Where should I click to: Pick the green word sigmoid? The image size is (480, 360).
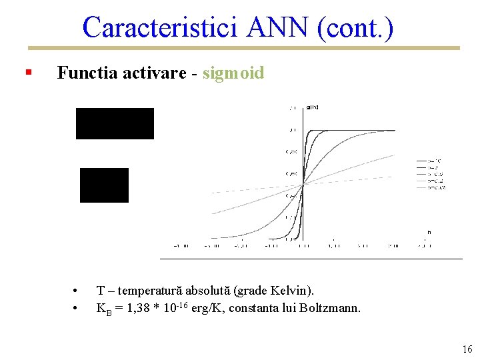(233, 73)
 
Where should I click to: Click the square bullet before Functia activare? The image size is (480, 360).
(27, 71)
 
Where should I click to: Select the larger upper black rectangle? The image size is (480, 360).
(115, 123)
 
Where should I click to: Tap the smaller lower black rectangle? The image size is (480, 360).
(104, 185)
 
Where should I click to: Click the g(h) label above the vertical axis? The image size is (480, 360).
(312, 107)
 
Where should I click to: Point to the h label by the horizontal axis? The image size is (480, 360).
(429, 232)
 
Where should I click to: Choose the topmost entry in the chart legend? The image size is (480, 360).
(431, 161)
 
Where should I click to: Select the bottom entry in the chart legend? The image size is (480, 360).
(431, 187)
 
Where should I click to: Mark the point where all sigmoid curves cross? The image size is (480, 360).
(303, 185)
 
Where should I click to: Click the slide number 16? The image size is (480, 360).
(467, 349)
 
